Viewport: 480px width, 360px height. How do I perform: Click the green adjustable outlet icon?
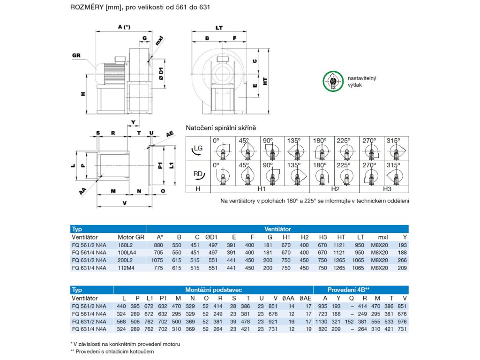tap(332, 82)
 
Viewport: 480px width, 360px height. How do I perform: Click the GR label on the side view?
tap(77, 55)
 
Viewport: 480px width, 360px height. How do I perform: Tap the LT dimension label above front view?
tap(219, 28)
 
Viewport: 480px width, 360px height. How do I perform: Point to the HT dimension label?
tap(265, 81)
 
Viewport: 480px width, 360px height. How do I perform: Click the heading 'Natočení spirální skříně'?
tap(221, 128)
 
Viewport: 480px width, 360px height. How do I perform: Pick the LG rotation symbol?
tap(198, 149)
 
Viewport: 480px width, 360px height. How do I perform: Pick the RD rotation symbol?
tap(198, 174)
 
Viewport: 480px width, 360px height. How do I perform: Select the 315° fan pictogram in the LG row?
tap(397, 149)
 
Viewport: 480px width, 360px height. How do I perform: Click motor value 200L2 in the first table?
tap(126, 260)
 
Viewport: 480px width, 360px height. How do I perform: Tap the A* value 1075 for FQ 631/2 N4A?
tap(159, 260)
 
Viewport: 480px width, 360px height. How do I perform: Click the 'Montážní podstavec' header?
tap(213, 289)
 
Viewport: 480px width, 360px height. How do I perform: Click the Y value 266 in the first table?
tap(402, 260)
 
